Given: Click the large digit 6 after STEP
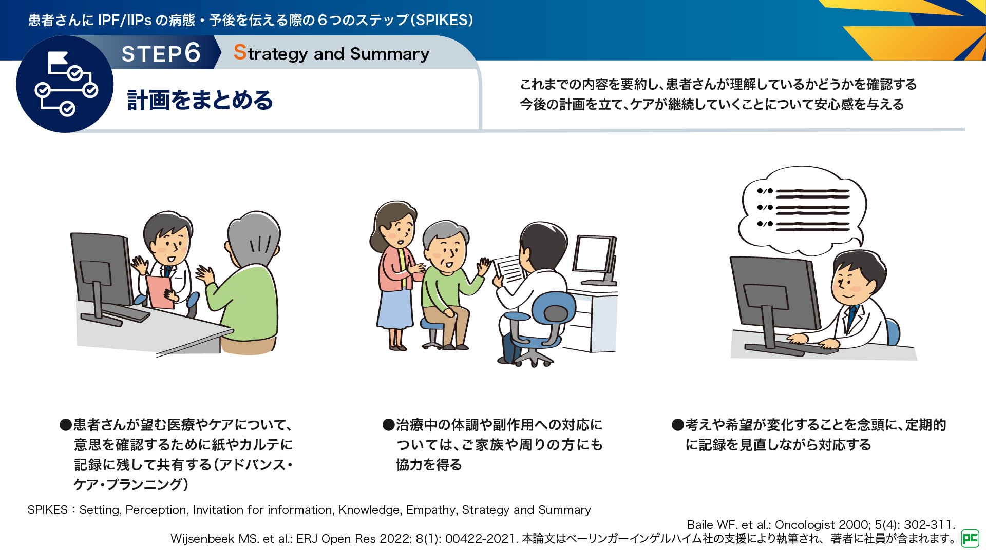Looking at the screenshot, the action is pyautogui.click(x=193, y=52).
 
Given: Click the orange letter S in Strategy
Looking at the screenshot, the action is pyautogui.click(x=240, y=52).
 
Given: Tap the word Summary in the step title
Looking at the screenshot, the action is pyautogui.click(x=390, y=54).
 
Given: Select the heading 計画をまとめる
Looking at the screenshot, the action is pyautogui.click(x=200, y=100).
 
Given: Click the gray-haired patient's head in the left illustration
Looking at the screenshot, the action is pyautogui.click(x=254, y=239).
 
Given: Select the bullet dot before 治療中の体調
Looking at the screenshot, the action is pyautogui.click(x=388, y=425).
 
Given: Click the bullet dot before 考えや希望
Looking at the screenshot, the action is pyautogui.click(x=678, y=425).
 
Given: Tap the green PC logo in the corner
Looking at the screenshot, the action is pyautogui.click(x=970, y=538).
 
